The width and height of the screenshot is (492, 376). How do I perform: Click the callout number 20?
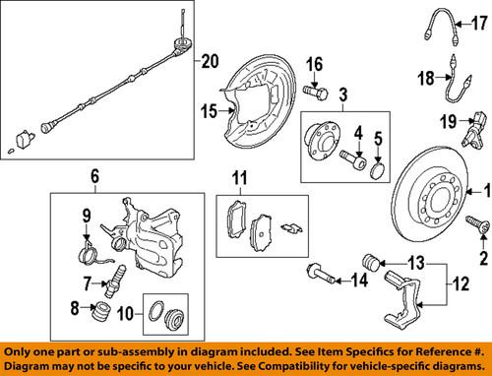(x=207, y=62)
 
